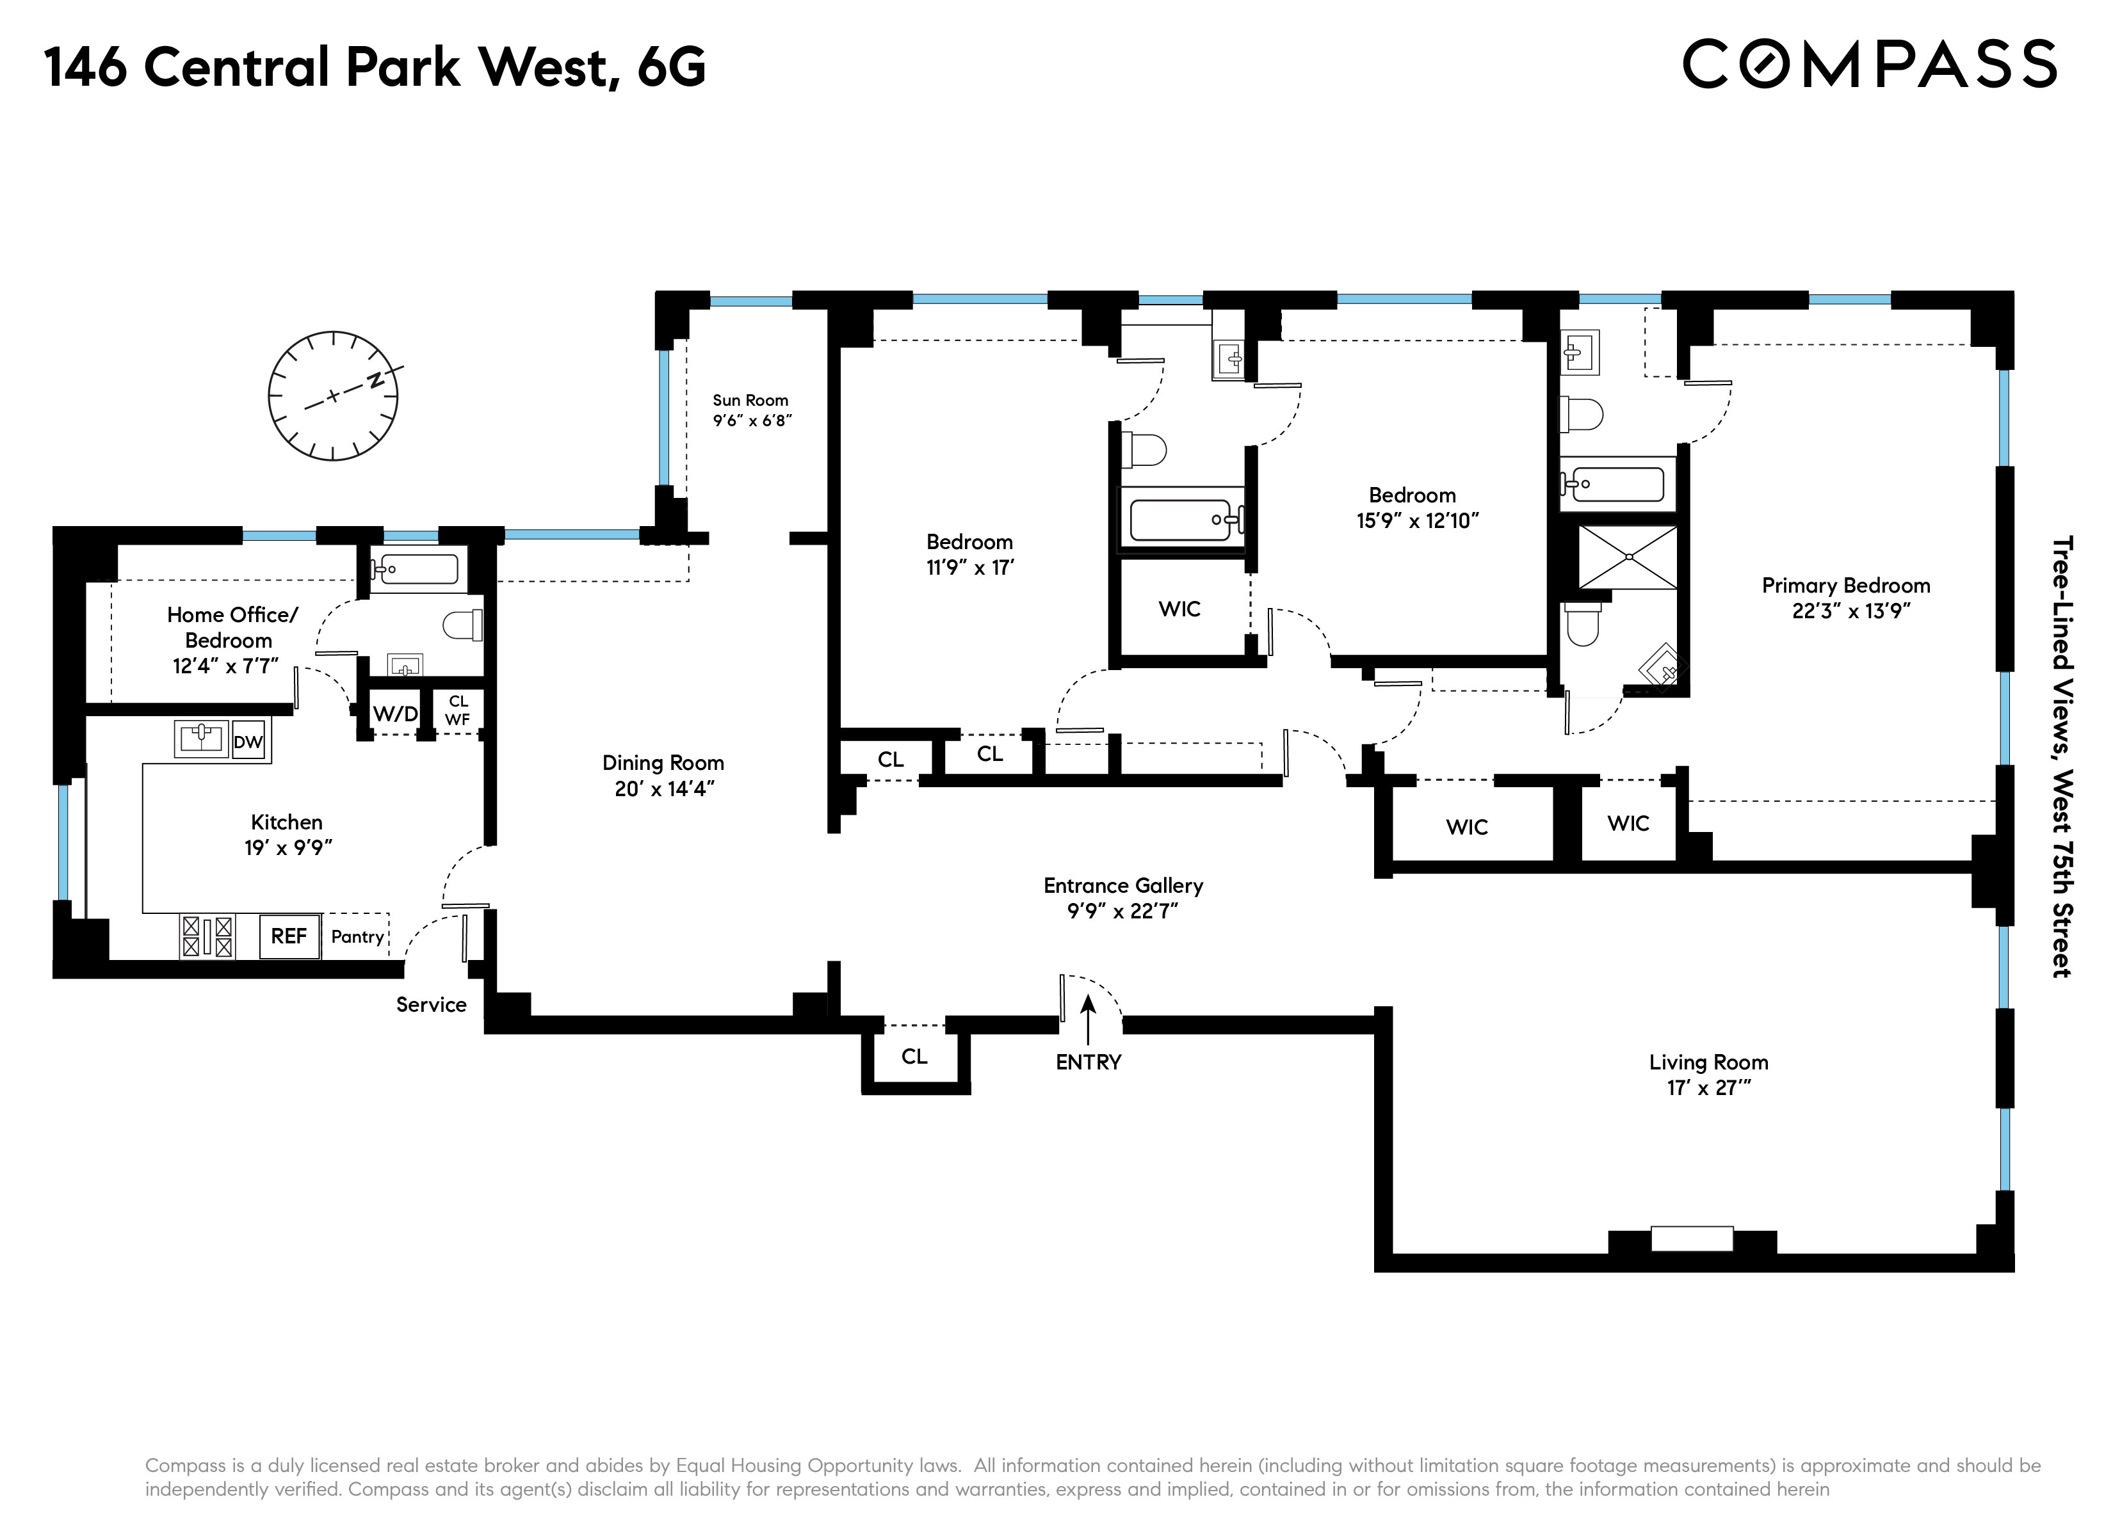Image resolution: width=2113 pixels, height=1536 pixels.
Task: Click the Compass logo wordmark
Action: tap(1869, 63)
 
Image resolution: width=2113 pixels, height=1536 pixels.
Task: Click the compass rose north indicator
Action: tap(375, 380)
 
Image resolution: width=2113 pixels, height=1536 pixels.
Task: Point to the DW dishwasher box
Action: tap(248, 742)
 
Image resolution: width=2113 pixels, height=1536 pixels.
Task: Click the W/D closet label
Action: tap(395, 714)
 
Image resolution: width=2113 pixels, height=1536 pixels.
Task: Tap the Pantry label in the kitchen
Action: tap(357, 936)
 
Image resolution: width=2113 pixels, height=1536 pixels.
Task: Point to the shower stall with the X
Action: tap(1628, 557)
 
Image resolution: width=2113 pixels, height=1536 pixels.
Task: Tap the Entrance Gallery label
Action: tap(1122, 885)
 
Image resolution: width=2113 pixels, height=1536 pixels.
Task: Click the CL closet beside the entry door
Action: tap(914, 1055)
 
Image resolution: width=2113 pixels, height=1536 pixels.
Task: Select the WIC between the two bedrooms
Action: tap(1179, 608)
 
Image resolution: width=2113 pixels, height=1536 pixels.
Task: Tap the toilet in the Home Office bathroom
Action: tap(463, 624)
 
